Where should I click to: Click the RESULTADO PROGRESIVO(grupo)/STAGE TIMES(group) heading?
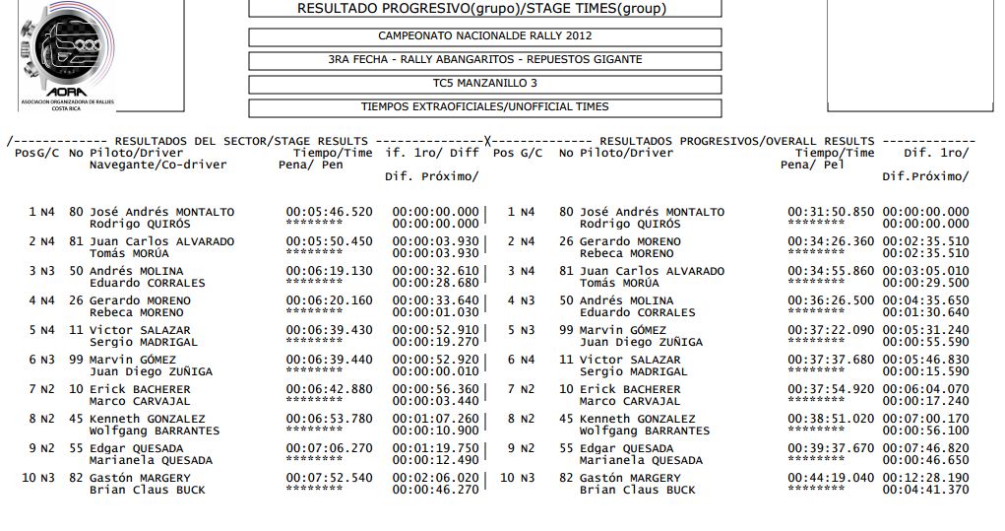[x=481, y=9]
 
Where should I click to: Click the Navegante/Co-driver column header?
[x=157, y=165]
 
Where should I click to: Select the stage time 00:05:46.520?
[x=329, y=212]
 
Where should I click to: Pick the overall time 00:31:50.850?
[x=830, y=212]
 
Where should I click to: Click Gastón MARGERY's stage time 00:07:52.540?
[x=329, y=478]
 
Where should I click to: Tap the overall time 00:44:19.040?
[x=830, y=478]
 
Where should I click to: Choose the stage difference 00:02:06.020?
[x=435, y=478]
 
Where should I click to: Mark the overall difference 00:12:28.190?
[x=925, y=478]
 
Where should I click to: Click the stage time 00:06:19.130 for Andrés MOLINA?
[x=329, y=271]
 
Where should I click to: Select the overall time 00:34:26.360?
[x=830, y=241]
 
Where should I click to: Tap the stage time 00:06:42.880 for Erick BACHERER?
[x=329, y=389]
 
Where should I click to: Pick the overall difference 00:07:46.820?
[x=925, y=448]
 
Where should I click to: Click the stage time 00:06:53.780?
[x=329, y=419]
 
